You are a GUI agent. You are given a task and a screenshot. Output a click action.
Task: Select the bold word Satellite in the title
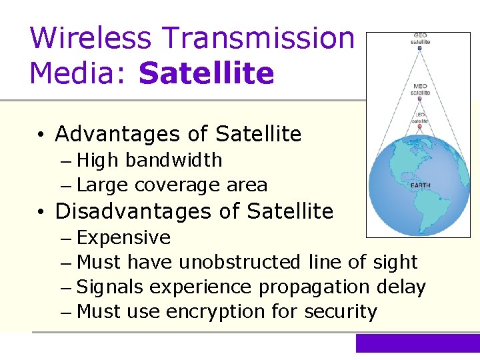coord(206,73)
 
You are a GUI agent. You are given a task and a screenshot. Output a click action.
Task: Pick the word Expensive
coord(124,238)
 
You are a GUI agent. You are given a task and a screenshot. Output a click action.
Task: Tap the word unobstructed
coord(240,263)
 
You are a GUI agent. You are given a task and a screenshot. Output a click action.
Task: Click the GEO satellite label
coord(420,38)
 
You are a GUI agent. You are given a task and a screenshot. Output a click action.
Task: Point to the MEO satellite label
coord(420,89)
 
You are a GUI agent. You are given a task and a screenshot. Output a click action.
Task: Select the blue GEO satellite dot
coord(419,48)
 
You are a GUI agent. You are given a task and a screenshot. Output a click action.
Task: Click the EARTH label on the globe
coord(420,185)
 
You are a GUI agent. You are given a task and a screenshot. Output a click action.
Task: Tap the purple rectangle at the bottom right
coord(417,343)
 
